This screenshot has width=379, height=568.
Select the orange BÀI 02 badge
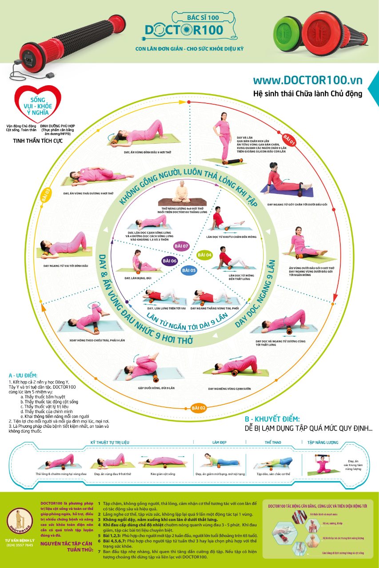(198, 407)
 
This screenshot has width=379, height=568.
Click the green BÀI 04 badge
(205, 255)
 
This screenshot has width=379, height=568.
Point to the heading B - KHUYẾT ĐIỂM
(272, 419)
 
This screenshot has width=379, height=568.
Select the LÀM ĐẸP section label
(219, 442)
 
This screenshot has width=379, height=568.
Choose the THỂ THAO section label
(273, 442)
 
